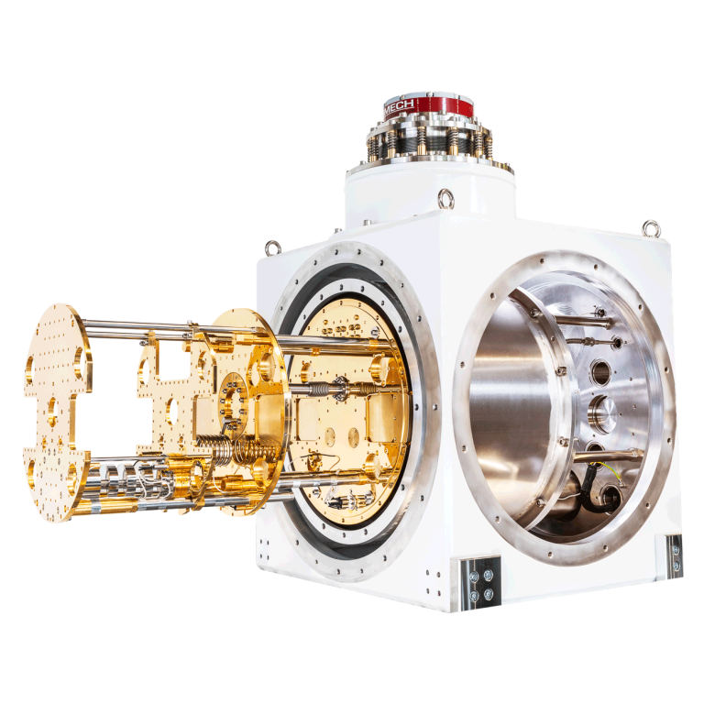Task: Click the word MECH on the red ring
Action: pyautogui.click(x=399, y=107)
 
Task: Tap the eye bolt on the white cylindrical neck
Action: pyautogui.click(x=445, y=198)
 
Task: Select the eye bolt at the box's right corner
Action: pyautogui.click(x=651, y=228)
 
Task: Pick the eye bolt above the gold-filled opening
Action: pyautogui.click(x=272, y=247)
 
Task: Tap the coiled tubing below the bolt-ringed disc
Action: pyautogui.click(x=234, y=450)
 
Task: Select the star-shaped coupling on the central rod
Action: pyautogui.click(x=338, y=388)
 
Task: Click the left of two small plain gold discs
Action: pyautogui.click(x=330, y=437)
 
